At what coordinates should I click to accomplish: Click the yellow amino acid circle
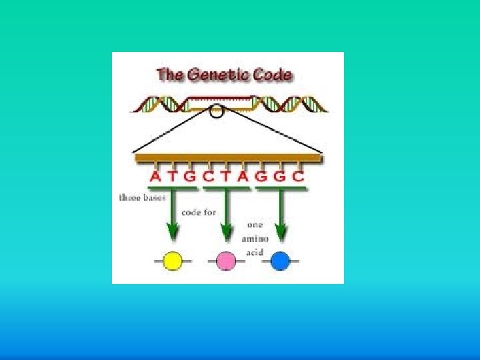click(x=173, y=261)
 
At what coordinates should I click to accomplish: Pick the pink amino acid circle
click(x=227, y=261)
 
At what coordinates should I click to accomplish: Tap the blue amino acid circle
click(x=281, y=261)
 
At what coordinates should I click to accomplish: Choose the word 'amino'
click(x=255, y=238)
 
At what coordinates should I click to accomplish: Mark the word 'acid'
click(x=255, y=252)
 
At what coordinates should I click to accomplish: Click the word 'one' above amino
click(x=255, y=225)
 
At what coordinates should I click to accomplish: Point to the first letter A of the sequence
click(x=155, y=177)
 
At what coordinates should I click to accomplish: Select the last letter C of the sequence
click(x=299, y=177)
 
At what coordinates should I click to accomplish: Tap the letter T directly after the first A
click(x=173, y=177)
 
